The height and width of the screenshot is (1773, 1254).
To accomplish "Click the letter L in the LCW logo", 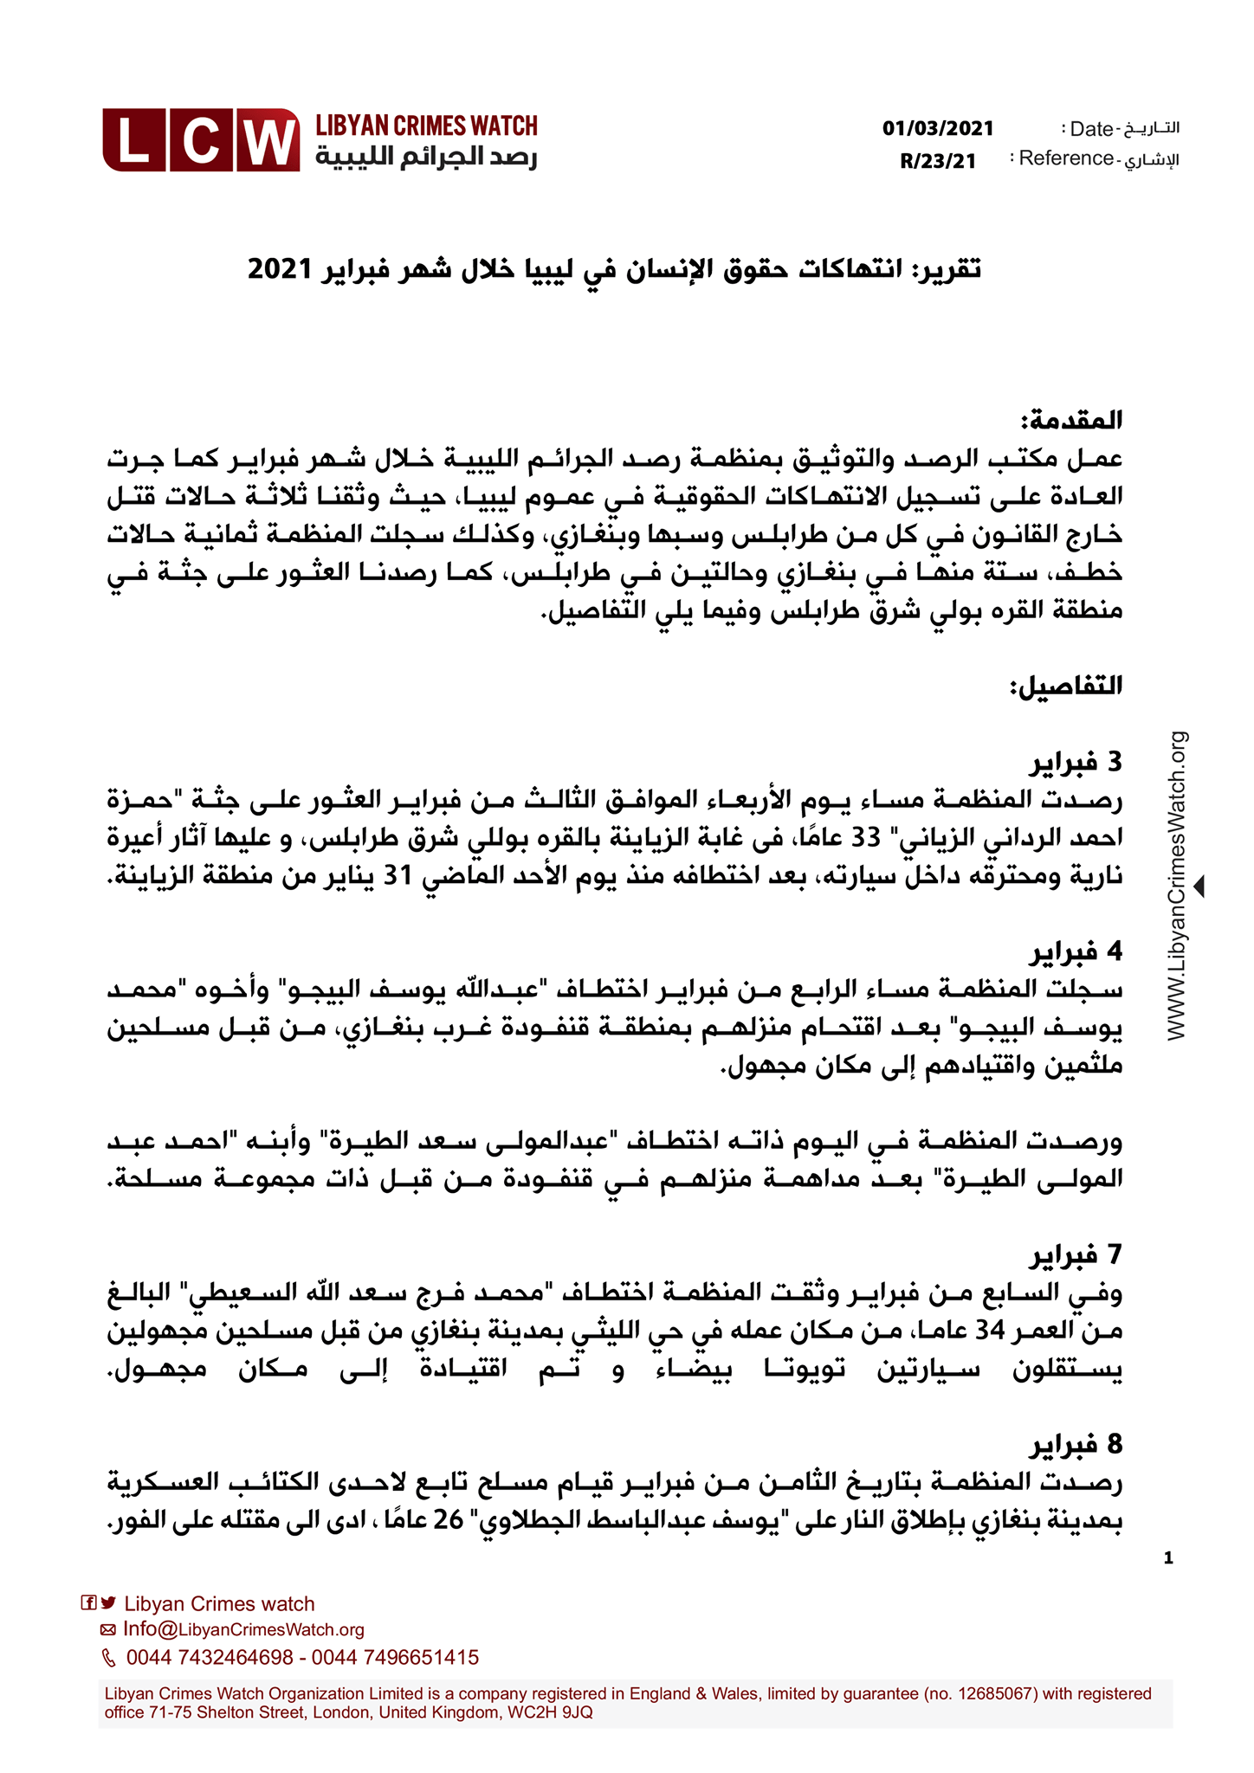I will tap(133, 141).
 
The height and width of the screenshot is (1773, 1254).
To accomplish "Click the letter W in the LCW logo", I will tap(267, 141).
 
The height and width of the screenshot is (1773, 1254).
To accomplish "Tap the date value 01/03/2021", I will tap(938, 129).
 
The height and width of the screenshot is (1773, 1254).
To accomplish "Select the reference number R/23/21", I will tap(938, 161).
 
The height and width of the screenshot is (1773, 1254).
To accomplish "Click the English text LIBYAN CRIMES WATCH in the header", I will tap(426, 126).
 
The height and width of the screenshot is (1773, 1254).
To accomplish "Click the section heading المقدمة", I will tap(1071, 422).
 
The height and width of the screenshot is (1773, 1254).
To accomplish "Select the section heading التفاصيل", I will tap(1066, 687).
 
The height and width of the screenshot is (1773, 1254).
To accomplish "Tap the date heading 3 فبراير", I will tap(1076, 763).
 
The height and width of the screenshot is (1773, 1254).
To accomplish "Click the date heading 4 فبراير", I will tap(1076, 952).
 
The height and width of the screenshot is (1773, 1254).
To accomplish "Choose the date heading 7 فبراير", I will tap(1076, 1254).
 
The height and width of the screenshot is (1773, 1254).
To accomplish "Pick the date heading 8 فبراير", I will tap(1076, 1444).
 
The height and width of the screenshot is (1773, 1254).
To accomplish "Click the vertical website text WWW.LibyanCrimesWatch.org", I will tap(1177, 885).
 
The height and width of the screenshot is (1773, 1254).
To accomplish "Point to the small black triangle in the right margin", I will tap(1199, 886).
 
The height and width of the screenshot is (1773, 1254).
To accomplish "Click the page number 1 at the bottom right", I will tap(1168, 1558).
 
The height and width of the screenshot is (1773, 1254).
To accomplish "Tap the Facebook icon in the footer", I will tap(88, 1602).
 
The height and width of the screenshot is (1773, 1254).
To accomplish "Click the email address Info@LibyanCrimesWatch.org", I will tap(243, 1629).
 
